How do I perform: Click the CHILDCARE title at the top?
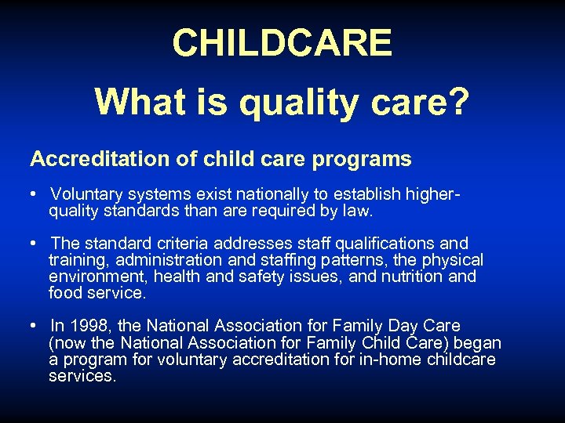click(282, 43)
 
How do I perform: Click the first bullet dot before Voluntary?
click(35, 193)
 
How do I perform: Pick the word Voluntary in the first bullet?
click(86, 193)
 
